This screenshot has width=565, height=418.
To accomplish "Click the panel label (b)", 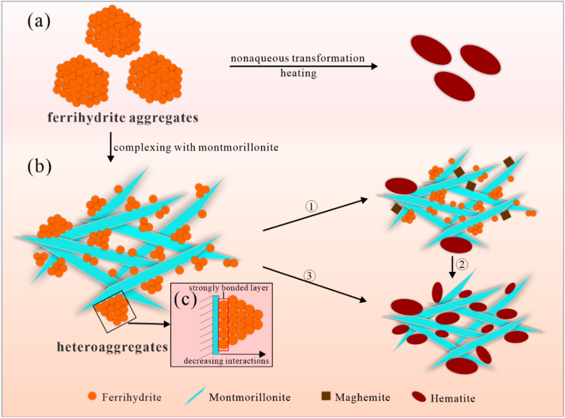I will (39, 167).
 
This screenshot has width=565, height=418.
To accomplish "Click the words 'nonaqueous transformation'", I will (298, 58).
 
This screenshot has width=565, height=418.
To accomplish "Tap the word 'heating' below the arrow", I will (298, 73).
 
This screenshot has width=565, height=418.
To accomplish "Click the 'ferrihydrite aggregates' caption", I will (122, 118).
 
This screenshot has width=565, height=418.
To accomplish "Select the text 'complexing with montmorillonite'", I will (196, 147).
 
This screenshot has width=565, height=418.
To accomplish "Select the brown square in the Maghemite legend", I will (326, 397).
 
